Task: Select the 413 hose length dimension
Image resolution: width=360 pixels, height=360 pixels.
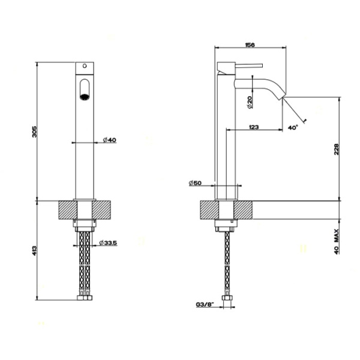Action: (x=35, y=248)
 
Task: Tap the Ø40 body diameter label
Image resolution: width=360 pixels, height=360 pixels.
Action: (x=109, y=140)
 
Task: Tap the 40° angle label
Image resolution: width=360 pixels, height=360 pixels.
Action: (x=293, y=128)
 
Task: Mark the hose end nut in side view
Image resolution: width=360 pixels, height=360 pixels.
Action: (x=226, y=298)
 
